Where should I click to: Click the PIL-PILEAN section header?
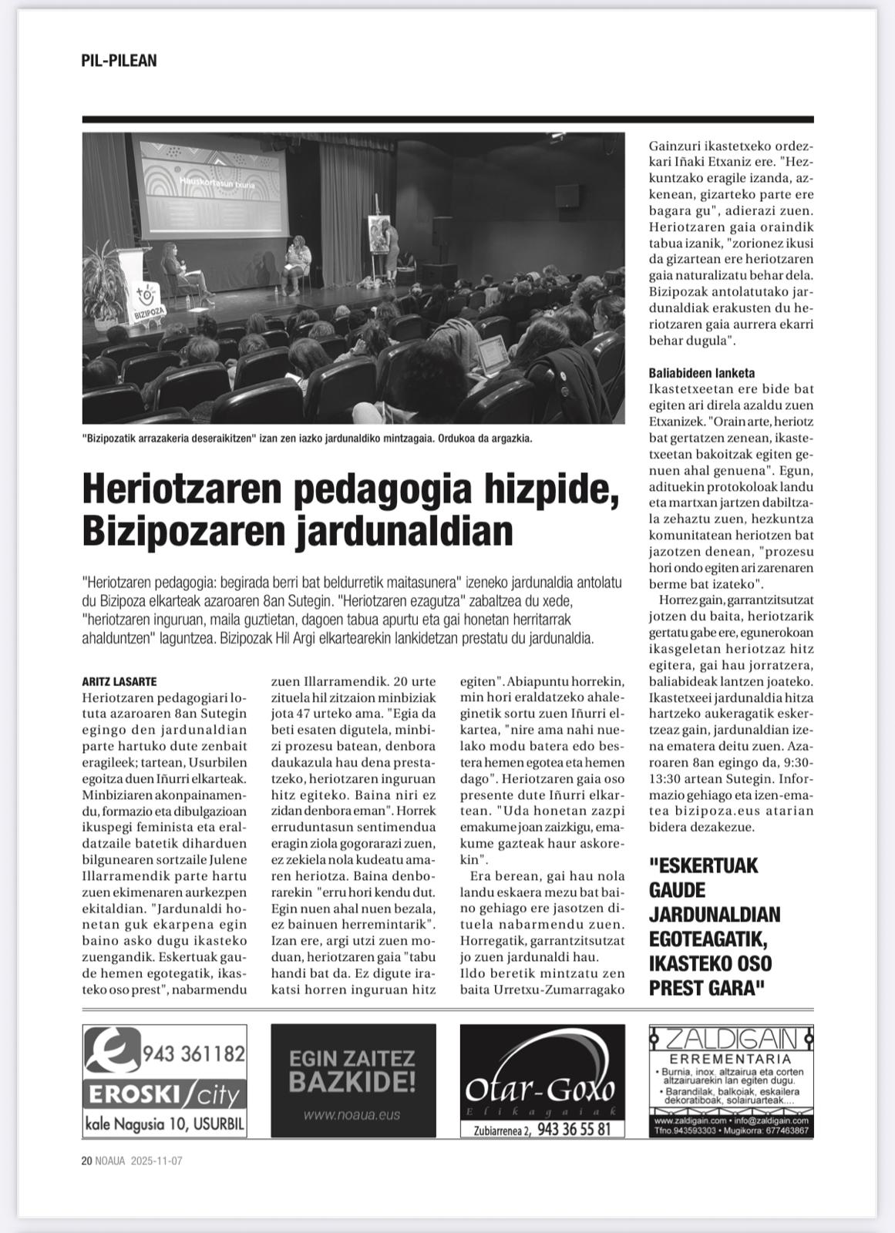click(119, 61)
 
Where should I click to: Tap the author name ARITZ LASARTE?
click(119, 681)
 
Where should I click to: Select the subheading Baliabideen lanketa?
click(702, 373)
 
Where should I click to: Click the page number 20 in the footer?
click(86, 1161)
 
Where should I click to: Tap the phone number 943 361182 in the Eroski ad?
click(193, 1053)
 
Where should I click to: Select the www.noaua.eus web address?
click(353, 1114)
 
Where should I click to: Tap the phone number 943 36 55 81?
click(574, 1130)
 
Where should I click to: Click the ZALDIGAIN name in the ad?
click(732, 1038)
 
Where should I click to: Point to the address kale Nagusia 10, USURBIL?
click(165, 1124)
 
